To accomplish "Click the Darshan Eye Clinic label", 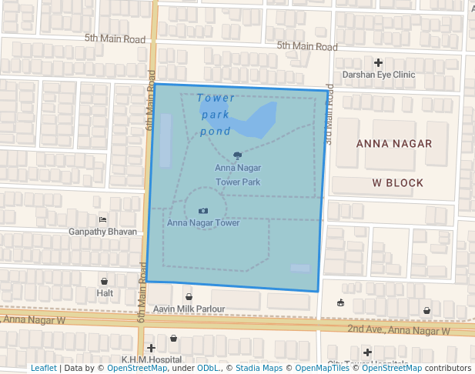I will [x=378, y=75].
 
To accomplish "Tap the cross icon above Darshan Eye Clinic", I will [x=378, y=62].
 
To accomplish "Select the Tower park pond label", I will [x=216, y=115].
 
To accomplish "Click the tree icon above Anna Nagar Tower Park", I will [x=237, y=155].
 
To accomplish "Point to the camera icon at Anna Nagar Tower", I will [x=203, y=210].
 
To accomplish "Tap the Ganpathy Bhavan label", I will [x=102, y=232].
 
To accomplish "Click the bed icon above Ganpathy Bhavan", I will [x=103, y=219].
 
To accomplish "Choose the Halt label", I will [x=105, y=293].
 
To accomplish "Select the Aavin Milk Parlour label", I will [x=189, y=309].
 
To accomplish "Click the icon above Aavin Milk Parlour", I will [x=189, y=296].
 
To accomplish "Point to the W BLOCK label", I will [x=398, y=182].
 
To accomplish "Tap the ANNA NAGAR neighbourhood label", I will [x=394, y=144].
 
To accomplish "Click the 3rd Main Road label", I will [x=329, y=114].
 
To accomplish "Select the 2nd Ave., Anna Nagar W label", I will [x=398, y=330].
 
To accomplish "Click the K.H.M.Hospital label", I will [x=151, y=360].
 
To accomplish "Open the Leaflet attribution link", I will [x=44, y=368].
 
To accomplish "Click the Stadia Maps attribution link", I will [x=259, y=368].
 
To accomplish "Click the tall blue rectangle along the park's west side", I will [x=166, y=140].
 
